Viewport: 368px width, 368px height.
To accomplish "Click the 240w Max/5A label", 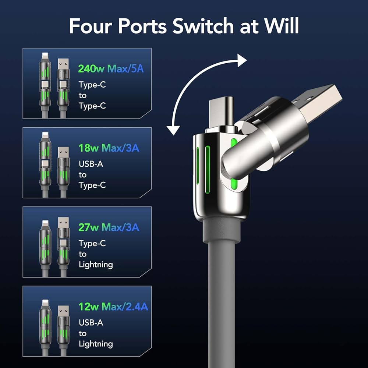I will click(111, 68).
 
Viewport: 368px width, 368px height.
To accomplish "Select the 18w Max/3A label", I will click(109, 148).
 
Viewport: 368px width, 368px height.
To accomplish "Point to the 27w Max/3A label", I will click(109, 227).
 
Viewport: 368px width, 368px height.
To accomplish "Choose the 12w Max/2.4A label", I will click(113, 306).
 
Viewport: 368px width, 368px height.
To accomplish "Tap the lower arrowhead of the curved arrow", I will click(173, 130).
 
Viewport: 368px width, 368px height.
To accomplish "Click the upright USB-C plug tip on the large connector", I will click(220, 110).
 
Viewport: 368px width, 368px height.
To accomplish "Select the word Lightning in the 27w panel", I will click(96, 264).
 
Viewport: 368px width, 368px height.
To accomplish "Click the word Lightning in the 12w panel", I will click(96, 344).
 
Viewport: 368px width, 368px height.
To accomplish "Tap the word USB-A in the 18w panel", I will click(91, 164).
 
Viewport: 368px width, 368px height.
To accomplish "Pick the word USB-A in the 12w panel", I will click(91, 323).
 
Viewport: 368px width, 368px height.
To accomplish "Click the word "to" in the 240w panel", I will click(83, 95).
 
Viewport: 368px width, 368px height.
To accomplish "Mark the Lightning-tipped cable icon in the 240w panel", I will click(45, 85).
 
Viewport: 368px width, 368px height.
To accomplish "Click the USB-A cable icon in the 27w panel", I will click(63, 243).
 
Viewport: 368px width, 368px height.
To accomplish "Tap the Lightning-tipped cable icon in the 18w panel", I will click(45, 164).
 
